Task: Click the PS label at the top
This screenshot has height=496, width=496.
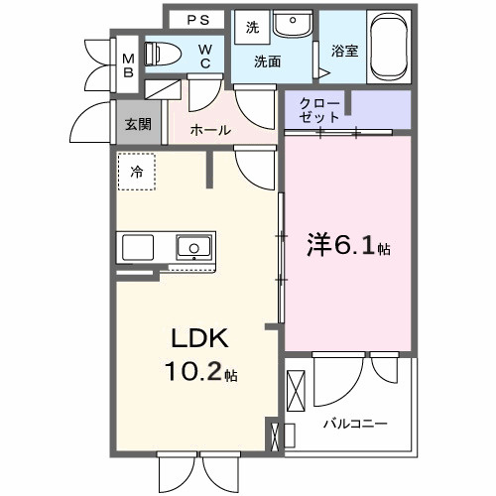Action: tap(199, 20)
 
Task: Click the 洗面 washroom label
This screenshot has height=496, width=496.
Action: tap(267, 62)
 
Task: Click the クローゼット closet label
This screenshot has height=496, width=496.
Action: tap(319, 109)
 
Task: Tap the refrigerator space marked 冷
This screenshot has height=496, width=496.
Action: tap(136, 172)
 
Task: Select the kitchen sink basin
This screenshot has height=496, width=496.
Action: tap(192, 246)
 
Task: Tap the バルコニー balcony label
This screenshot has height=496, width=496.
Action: tap(354, 424)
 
